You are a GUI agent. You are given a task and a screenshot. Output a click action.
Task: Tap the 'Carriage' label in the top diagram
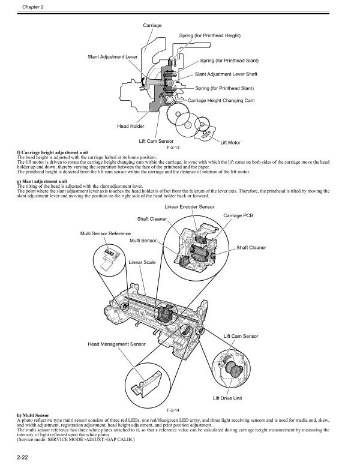[x=152, y=25]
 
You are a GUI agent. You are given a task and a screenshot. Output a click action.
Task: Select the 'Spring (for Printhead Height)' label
[x=210, y=36]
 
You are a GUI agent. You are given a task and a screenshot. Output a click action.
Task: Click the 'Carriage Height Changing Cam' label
[x=221, y=100]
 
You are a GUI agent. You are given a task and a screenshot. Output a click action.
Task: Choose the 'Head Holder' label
[x=130, y=126]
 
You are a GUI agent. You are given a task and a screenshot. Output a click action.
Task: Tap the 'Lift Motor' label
[x=231, y=142]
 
